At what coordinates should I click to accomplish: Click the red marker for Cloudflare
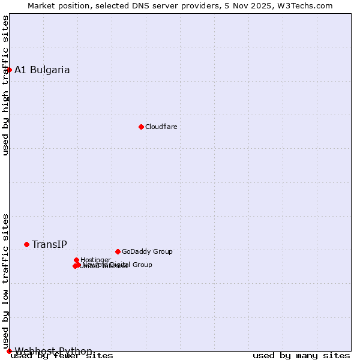point(141,127)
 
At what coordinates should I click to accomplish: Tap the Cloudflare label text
point(161,127)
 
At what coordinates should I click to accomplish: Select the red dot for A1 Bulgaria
point(9,70)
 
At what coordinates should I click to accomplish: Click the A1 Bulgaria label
point(42,70)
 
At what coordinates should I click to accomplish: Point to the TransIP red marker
point(26,244)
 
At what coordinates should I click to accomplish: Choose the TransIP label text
point(49,244)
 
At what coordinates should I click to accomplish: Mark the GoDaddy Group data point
point(118,251)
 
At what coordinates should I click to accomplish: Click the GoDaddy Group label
point(147,251)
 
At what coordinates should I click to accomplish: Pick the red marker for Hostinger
point(76,260)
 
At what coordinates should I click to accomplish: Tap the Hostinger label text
point(95,260)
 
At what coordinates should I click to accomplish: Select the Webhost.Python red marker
point(9,351)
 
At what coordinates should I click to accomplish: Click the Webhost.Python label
point(53,351)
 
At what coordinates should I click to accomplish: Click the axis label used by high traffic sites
point(5,85)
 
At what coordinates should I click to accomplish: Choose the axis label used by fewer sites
point(62,356)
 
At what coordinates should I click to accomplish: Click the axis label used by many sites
point(301,356)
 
